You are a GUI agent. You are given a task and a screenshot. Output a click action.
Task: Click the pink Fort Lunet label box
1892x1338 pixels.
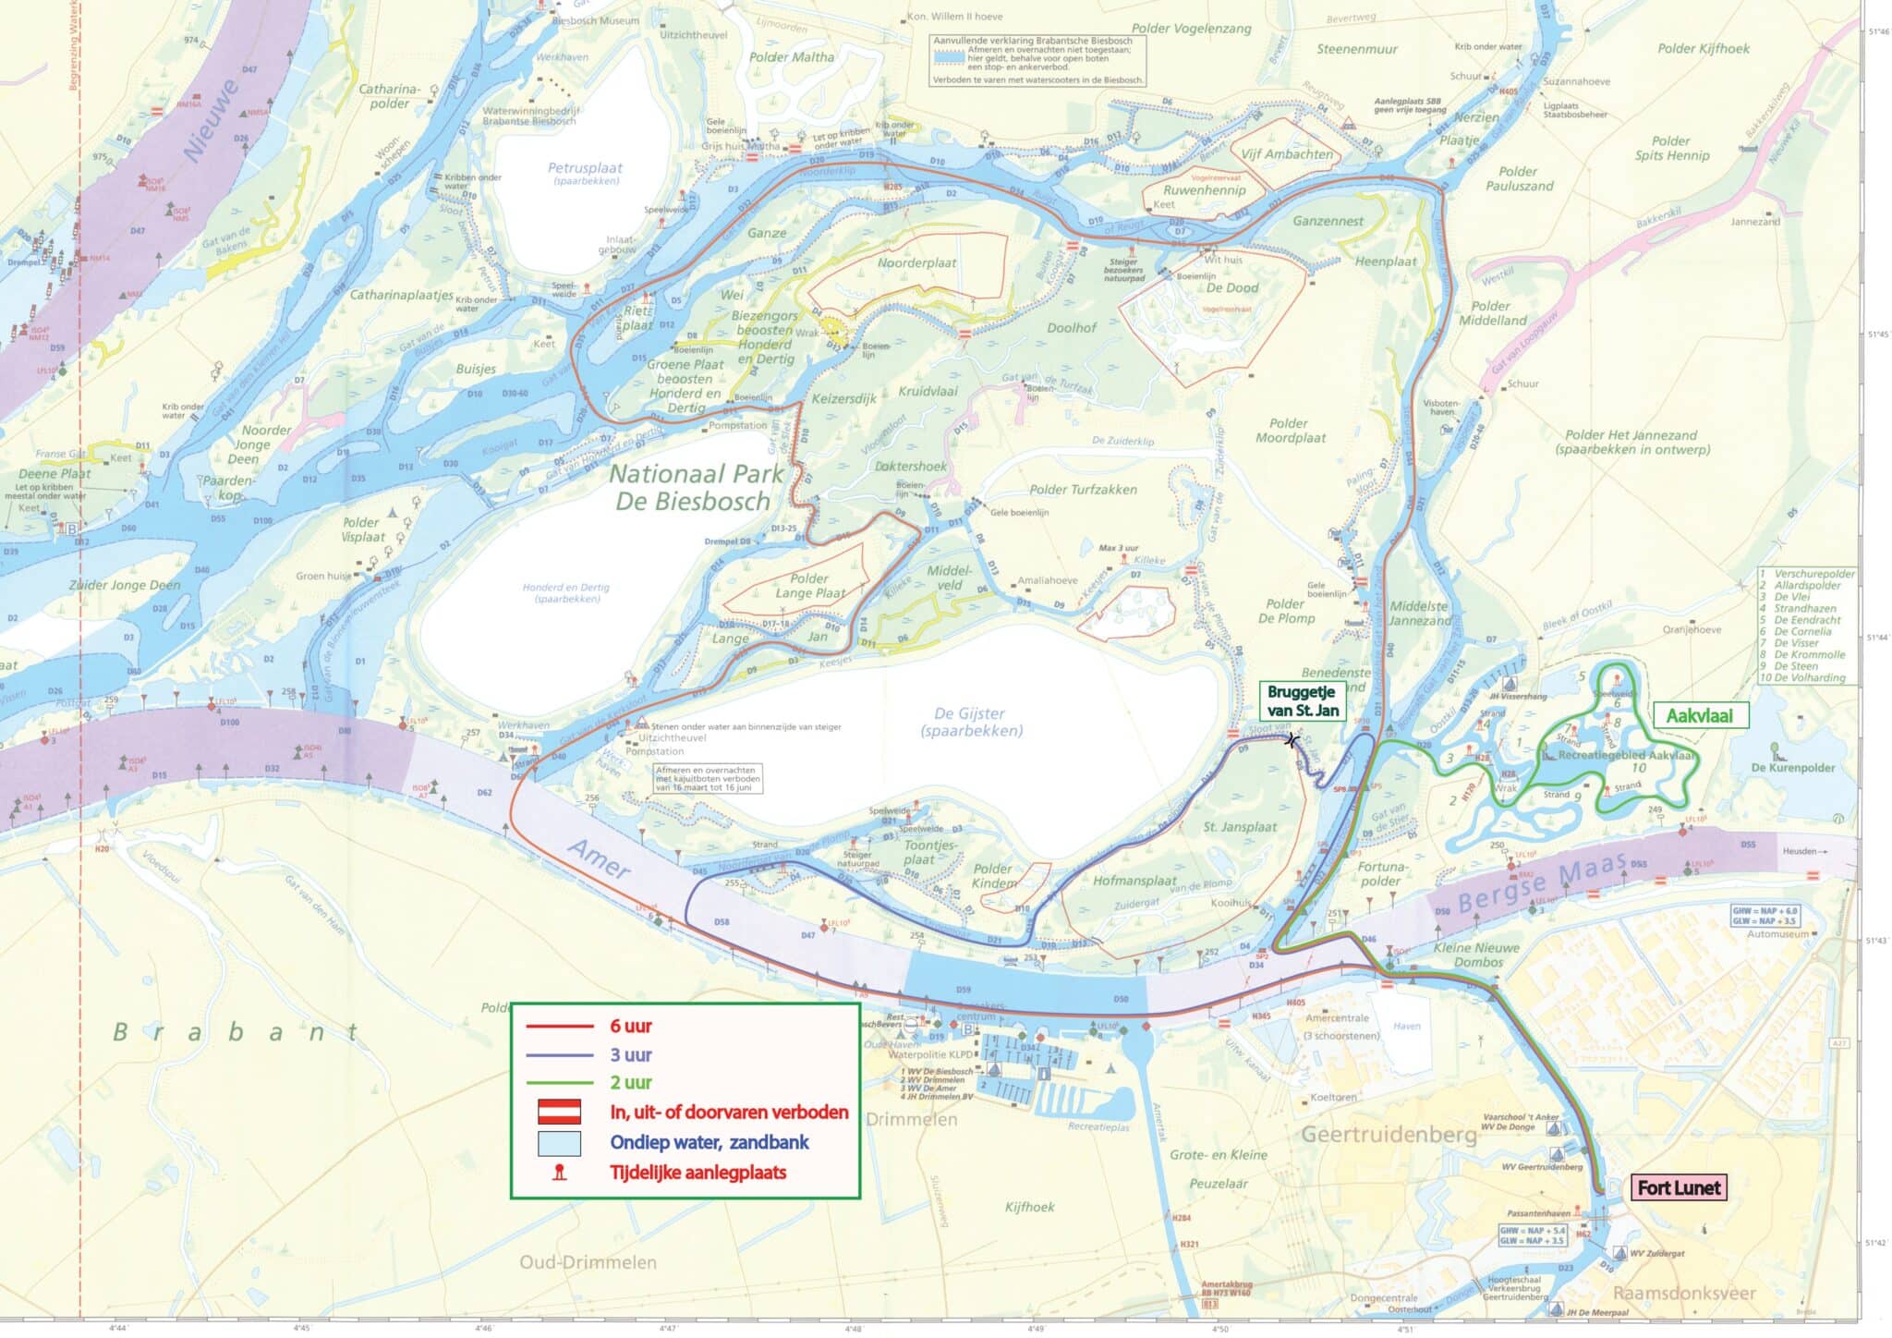pyautogui.click(x=1678, y=1187)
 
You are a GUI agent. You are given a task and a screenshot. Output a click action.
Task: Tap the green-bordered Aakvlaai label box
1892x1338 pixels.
pyautogui.click(x=1699, y=715)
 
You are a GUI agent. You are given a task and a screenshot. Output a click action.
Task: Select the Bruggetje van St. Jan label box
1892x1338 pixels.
pyautogui.click(x=1300, y=700)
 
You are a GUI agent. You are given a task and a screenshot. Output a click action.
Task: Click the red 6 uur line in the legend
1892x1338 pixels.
pyautogui.click(x=559, y=1027)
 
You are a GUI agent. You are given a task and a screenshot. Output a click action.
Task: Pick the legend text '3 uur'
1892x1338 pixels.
pyautogui.click(x=630, y=1054)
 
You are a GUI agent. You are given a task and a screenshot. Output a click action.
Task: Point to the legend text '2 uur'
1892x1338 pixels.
pyautogui.click(x=630, y=1082)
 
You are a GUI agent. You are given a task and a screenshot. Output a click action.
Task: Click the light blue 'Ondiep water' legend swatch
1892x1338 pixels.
pyautogui.click(x=559, y=1143)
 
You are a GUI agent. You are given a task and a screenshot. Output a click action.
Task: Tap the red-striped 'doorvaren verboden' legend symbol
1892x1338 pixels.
pyautogui.click(x=559, y=1112)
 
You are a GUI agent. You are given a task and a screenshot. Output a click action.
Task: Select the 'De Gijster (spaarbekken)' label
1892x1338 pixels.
pyautogui.click(x=970, y=722)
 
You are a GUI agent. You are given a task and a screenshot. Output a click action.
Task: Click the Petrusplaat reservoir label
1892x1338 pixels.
pyautogui.click(x=585, y=173)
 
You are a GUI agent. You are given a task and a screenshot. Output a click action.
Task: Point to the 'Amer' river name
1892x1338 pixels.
pyautogui.click(x=600, y=860)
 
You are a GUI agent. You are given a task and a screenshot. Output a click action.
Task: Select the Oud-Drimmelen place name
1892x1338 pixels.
pyautogui.click(x=588, y=1262)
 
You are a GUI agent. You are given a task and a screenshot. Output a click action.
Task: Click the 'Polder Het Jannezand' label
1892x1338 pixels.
pyautogui.click(x=1631, y=442)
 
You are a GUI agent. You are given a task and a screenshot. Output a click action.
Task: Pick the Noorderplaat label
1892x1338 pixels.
pyautogui.click(x=916, y=263)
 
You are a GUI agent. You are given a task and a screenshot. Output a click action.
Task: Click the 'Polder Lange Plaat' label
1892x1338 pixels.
pyautogui.click(x=810, y=586)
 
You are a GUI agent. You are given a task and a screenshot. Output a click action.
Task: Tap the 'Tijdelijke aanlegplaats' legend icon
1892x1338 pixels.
pyautogui.click(x=559, y=1174)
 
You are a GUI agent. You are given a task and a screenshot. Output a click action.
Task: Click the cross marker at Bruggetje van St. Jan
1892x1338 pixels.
pyautogui.click(x=1292, y=740)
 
